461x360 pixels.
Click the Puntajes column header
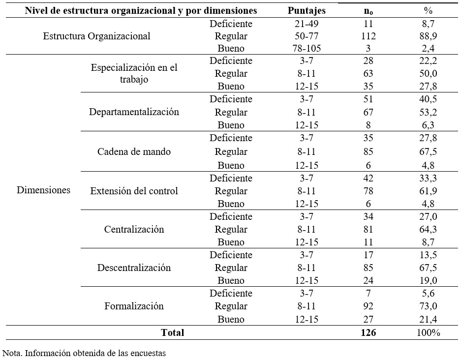pos(307,11)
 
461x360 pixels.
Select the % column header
pos(428,11)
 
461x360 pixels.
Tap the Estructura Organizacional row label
pos(96,36)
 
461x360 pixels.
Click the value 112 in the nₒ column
pos(369,36)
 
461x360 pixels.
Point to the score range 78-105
pos(307,48)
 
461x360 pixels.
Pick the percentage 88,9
pos(428,36)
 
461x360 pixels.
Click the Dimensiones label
pos(43,190)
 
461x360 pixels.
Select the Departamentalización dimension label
pos(134,112)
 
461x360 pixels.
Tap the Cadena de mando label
pos(134,151)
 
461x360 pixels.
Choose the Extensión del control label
pos(134,191)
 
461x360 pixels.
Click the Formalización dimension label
pos(134,306)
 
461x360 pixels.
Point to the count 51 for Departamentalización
pos(369,99)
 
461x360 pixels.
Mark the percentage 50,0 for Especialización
pos(428,73)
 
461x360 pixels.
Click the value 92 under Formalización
pos(369,306)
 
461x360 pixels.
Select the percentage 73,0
pos(428,306)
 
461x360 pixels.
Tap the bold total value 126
pos(369,332)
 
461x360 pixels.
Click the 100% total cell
pos(429,332)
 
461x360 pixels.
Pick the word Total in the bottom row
pos(173,332)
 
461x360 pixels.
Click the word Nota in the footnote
pos(11,353)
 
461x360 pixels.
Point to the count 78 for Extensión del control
pos(369,191)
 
